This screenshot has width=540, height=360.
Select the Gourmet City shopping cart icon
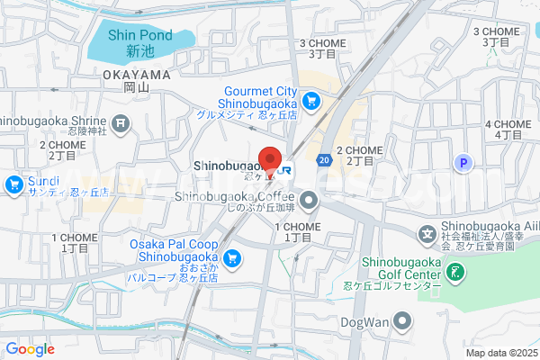coord(310,102)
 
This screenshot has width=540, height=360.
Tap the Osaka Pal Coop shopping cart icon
coord(232,258)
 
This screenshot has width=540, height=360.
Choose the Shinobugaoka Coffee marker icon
coord(310,200)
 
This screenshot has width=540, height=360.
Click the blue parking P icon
coord(463,163)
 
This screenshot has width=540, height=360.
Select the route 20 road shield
coord(322,159)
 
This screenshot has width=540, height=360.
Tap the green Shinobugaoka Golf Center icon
coord(455,270)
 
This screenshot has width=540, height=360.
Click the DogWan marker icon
coord(401,321)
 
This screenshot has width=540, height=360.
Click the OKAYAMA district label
coord(136,74)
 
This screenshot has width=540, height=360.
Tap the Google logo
coord(30,349)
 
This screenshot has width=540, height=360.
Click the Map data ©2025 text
coord(499,353)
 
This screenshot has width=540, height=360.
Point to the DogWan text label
coord(364,321)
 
